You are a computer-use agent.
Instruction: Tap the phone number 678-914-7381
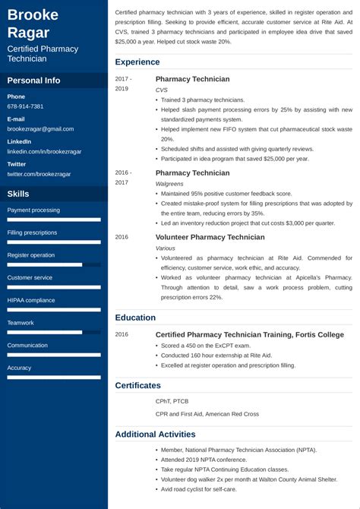25,106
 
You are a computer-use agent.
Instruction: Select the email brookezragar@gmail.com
41,129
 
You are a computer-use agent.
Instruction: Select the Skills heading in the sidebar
18,194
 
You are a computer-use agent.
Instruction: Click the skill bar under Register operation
54,265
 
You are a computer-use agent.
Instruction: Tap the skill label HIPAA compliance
31,300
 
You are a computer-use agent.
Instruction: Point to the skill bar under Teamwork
54,332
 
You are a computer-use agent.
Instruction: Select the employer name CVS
161,90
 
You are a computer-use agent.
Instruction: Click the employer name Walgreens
169,184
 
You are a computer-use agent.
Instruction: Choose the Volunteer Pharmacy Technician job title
210,237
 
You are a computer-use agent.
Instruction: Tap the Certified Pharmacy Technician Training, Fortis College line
249,334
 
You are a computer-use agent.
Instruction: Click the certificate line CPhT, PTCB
172,401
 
